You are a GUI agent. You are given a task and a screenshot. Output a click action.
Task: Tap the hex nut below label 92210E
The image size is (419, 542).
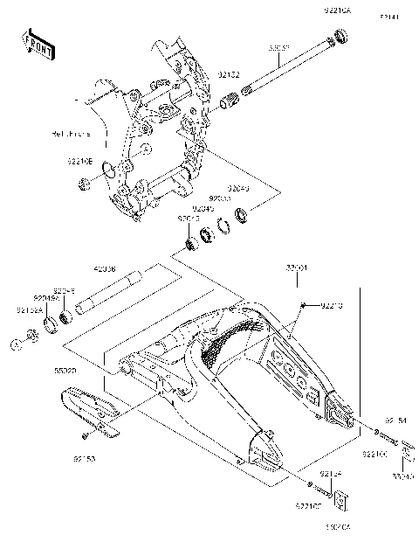[84, 184]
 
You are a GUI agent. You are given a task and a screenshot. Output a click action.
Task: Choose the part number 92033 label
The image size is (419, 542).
[206, 198]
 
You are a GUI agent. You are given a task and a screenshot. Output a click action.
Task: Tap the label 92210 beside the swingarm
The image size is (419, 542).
[332, 305]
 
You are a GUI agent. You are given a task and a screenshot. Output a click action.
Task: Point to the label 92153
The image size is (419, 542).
[84, 455]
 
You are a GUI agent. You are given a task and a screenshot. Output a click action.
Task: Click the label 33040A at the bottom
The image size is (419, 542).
[337, 528]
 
